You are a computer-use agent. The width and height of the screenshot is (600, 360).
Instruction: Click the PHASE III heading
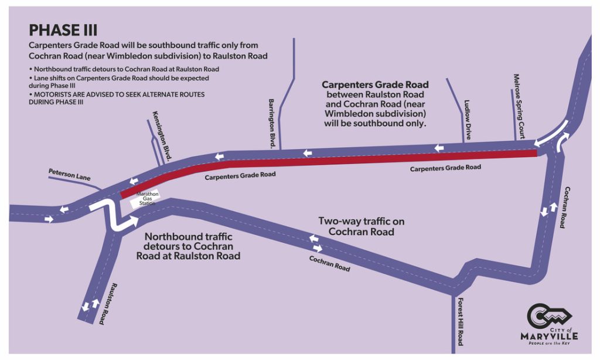click(63, 30)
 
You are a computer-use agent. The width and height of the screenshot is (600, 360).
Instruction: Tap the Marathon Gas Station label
click(147, 199)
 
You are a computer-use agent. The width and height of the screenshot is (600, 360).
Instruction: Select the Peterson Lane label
click(70, 175)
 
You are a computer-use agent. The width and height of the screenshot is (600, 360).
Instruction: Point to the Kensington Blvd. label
click(162, 135)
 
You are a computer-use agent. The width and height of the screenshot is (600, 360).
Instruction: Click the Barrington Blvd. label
click(272, 124)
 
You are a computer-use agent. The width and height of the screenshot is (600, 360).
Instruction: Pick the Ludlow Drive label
click(467, 120)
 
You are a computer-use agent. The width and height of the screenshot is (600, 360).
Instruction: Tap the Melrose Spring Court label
click(519, 107)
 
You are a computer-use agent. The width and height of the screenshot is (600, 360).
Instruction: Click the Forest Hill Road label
click(461, 321)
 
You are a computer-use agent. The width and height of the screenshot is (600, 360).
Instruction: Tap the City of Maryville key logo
click(549, 324)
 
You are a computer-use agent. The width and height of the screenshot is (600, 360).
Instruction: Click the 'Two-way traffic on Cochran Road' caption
click(361, 226)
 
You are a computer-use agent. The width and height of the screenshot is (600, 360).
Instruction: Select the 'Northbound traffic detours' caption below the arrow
click(188, 246)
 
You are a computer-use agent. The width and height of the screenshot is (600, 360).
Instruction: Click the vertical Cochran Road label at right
click(565, 207)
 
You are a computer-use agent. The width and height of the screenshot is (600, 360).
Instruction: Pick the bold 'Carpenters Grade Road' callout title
click(375, 84)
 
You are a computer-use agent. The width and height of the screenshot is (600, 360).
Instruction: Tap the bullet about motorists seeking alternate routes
click(117, 98)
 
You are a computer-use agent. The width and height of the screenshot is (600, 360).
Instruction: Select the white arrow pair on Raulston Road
click(91, 305)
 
